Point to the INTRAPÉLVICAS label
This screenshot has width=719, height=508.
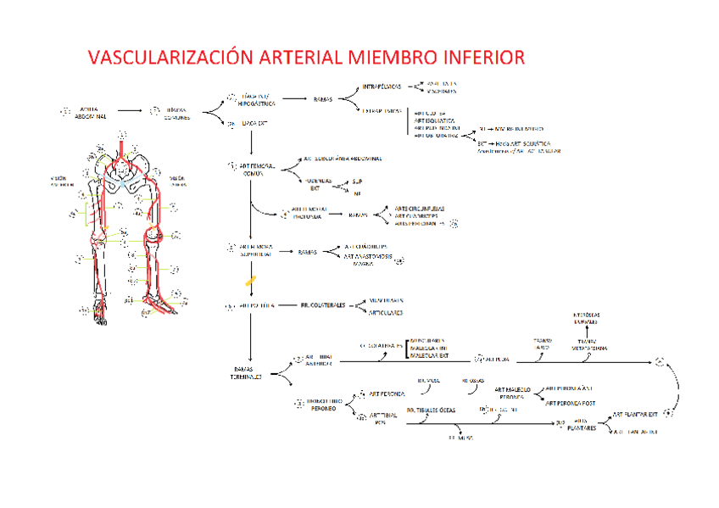(382, 87)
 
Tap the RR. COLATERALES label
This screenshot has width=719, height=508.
(322, 305)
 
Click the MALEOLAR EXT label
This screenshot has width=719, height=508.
(432, 356)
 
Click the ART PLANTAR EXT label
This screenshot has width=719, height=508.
(635, 416)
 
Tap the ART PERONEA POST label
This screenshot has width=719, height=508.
(575, 403)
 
